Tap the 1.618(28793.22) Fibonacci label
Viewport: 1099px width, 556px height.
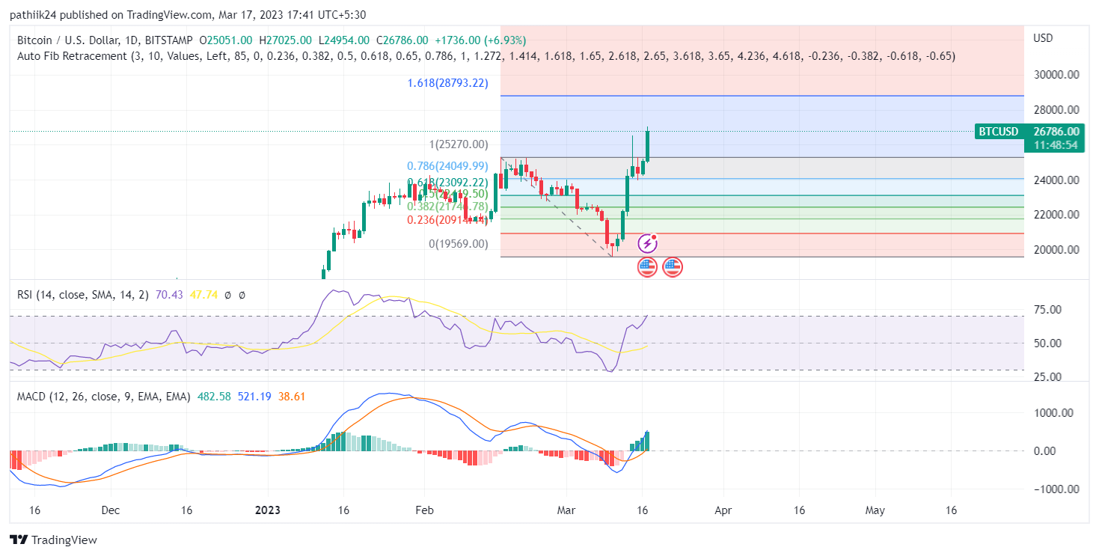[447, 83]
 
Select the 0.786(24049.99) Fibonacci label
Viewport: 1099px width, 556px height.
[447, 166]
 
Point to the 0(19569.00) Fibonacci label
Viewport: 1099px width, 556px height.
[458, 244]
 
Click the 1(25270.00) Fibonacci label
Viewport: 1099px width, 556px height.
[458, 144]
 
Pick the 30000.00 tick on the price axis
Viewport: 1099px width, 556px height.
[1056, 75]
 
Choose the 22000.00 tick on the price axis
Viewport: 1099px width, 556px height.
[1056, 215]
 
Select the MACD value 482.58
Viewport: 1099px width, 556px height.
[214, 397]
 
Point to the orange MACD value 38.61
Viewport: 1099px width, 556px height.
[292, 397]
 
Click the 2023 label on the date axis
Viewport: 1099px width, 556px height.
[267, 510]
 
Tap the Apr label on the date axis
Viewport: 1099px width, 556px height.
[723, 510]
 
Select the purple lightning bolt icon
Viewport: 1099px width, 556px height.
[647, 243]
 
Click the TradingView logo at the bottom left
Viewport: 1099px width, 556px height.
[53, 540]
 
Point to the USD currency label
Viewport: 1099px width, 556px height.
[1043, 38]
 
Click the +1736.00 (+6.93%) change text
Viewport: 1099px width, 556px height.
[480, 40]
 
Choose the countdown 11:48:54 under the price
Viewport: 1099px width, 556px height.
[1056, 145]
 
